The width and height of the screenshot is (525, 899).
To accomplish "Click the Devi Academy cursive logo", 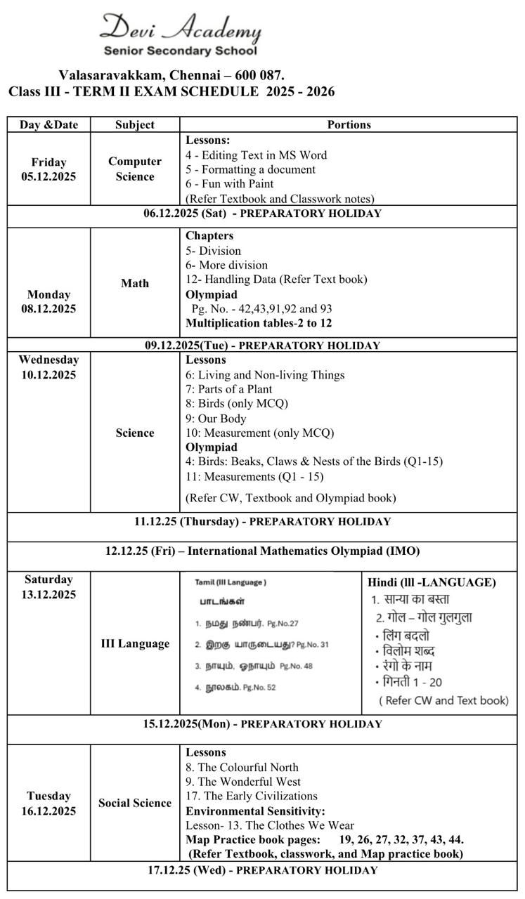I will [181, 29].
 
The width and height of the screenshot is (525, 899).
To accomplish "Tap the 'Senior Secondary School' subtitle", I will [181, 51].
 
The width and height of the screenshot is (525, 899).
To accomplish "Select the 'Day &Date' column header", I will [48, 124].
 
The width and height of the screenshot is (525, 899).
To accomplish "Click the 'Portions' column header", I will [349, 124].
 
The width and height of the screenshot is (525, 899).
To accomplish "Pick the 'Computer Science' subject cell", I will [135, 169].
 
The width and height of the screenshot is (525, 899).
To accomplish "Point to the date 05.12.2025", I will [48, 177].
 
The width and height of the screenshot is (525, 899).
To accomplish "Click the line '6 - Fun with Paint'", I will [230, 184].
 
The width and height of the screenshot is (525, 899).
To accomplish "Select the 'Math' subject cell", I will [135, 283].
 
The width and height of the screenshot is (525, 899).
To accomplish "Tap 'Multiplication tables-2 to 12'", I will [259, 323].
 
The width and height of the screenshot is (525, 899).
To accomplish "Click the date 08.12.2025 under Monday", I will [48, 308].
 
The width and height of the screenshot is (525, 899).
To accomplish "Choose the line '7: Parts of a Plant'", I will [228, 389].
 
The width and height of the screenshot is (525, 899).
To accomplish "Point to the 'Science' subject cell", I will [135, 433].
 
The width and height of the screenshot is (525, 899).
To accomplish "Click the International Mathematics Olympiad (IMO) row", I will [262, 551].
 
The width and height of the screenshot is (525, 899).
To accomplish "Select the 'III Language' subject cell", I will [135, 643].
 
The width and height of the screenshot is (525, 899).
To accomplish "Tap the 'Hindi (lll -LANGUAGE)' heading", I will [432, 582].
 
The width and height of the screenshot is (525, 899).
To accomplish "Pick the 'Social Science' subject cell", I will [135, 803].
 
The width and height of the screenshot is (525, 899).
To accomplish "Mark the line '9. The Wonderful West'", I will [243, 782].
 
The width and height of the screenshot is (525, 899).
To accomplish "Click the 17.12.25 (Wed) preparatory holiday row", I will [262, 870].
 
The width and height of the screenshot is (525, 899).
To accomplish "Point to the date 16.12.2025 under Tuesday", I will [48, 811].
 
